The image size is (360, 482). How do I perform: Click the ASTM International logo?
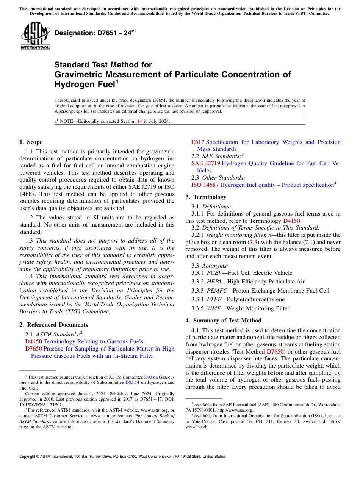point(35,36)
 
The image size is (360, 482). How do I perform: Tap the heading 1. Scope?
point(31,142)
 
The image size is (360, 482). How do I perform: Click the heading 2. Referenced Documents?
point(53,325)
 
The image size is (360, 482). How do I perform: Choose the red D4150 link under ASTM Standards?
point(33,341)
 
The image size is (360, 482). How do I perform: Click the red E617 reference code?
point(198,142)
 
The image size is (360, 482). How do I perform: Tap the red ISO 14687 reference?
point(205,185)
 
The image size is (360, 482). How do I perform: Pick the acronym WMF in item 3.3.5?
point(214,308)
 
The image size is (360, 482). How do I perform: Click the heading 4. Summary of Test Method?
point(223,321)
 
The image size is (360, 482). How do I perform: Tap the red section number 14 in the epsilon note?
point(139,121)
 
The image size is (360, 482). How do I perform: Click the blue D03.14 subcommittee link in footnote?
point(132,382)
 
